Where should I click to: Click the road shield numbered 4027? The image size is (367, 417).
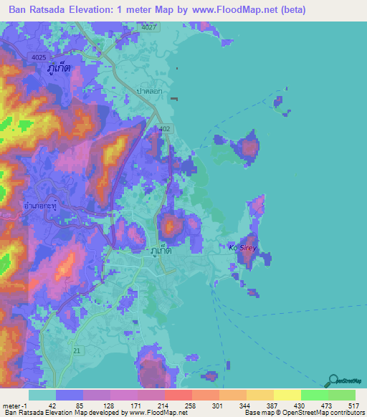pyautogui.click(x=149, y=27)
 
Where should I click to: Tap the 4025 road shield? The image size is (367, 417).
pyautogui.click(x=39, y=57)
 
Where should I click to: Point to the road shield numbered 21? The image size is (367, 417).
pyautogui.click(x=77, y=350)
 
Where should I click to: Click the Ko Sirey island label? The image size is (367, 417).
pyautogui.click(x=242, y=248)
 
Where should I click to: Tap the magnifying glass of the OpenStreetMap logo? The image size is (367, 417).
pyautogui.click(x=333, y=380)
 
